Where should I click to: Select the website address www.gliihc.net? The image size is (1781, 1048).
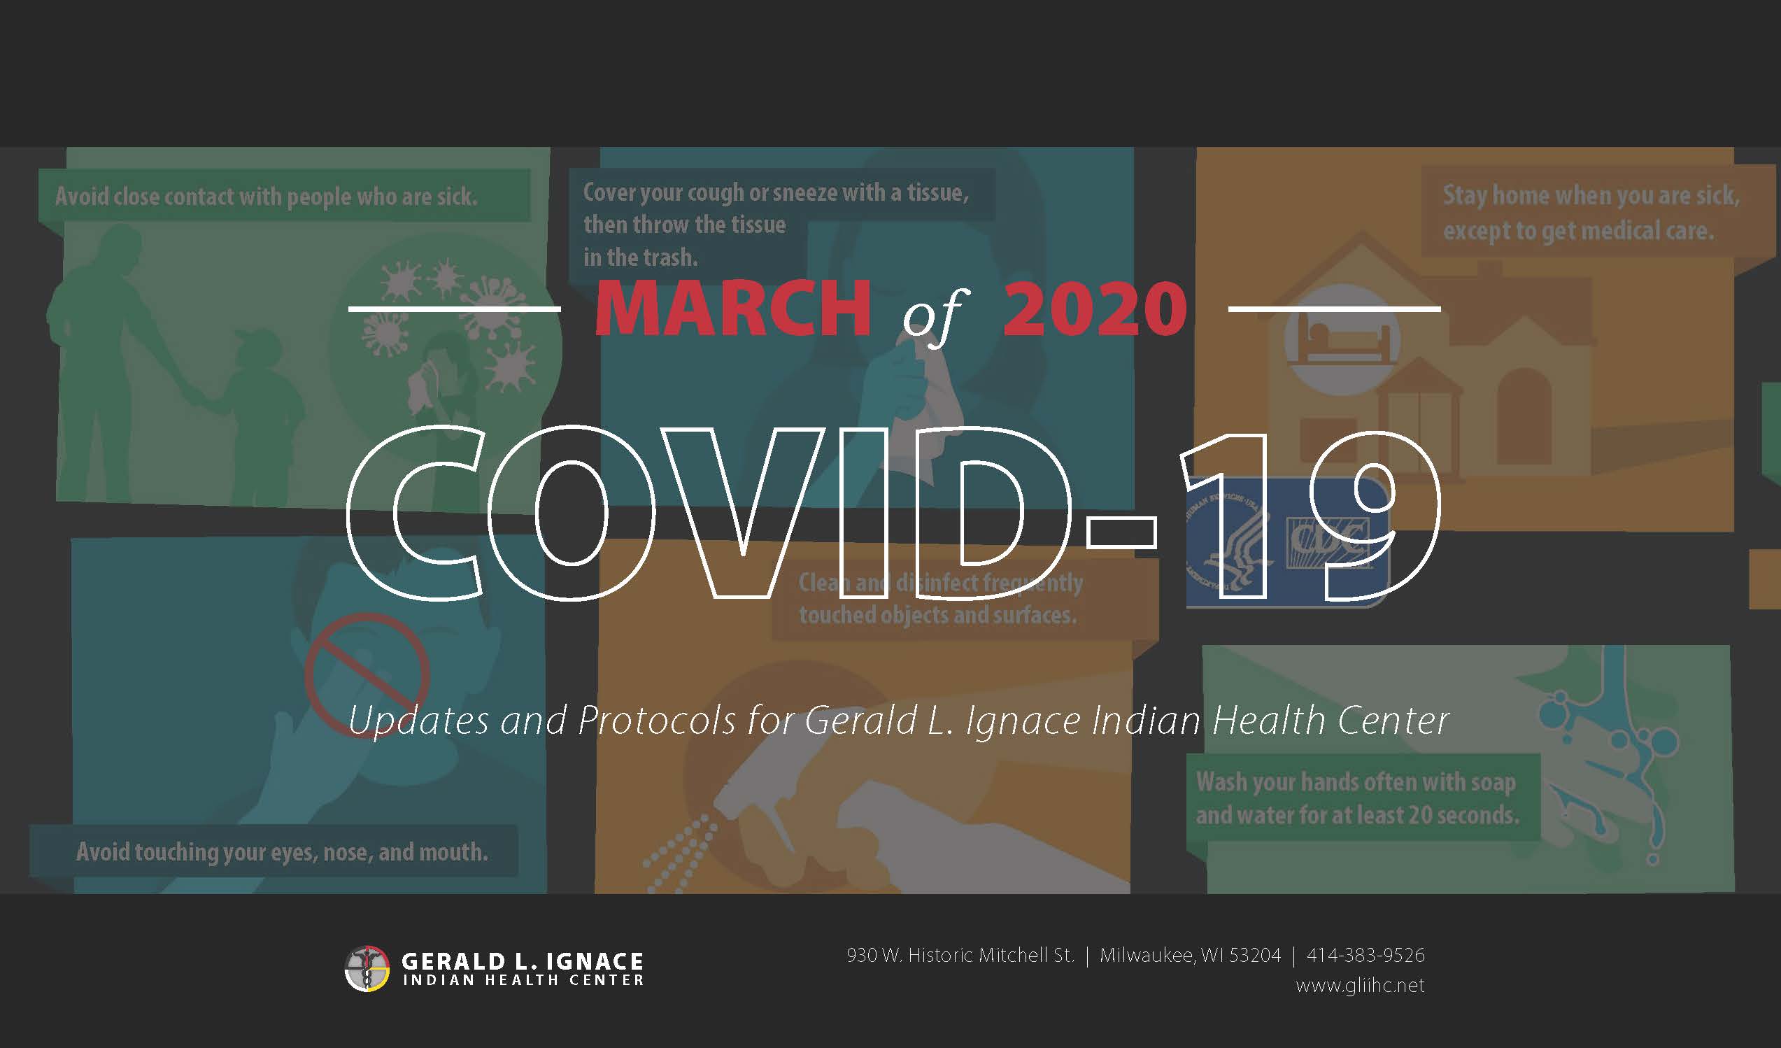[1360, 985]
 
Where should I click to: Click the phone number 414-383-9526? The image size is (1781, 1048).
[1365, 955]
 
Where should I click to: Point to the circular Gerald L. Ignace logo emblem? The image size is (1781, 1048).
[367, 968]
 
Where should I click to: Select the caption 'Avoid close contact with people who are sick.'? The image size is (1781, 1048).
[267, 197]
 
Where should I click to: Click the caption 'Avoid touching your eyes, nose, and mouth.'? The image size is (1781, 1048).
[282, 852]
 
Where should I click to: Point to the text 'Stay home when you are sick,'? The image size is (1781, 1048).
[1591, 195]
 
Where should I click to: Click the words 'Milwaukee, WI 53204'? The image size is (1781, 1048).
[1190, 955]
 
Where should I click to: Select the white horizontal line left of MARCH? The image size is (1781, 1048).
[455, 309]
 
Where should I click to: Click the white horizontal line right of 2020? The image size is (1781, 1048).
[1334, 309]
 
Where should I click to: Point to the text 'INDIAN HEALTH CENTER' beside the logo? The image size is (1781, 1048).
[524, 980]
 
